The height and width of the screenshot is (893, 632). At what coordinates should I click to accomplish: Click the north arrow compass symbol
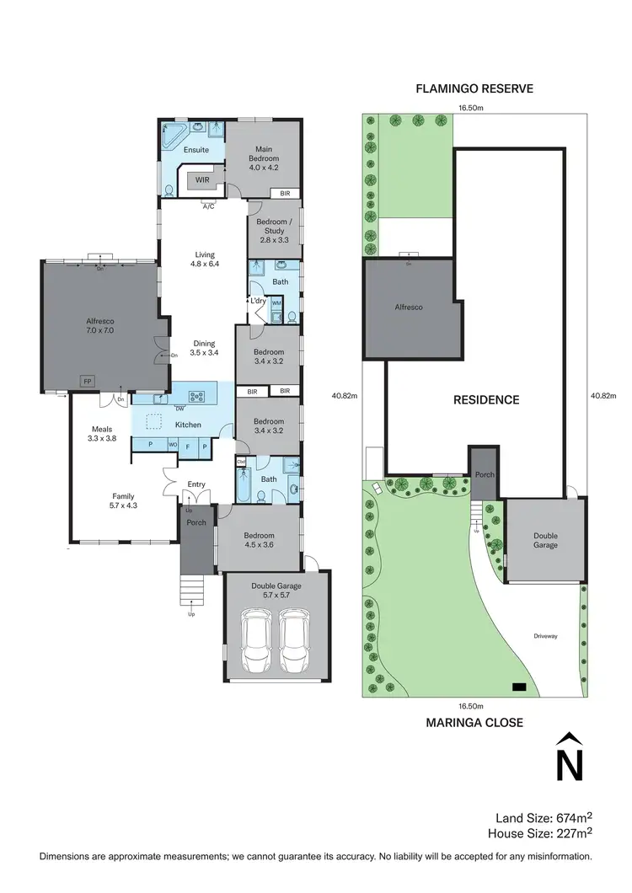[570, 757]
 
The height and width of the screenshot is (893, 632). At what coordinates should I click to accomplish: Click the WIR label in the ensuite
[202, 180]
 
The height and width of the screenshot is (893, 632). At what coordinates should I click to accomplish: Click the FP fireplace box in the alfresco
[86, 381]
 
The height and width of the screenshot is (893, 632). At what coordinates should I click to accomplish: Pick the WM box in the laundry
[276, 302]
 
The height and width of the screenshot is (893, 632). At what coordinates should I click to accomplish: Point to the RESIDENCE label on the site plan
[485, 400]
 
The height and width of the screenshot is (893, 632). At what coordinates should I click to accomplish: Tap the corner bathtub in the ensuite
[174, 134]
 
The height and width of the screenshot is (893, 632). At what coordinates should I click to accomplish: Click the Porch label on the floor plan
[196, 522]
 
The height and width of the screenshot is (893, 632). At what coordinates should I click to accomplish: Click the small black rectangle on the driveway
[518, 687]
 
